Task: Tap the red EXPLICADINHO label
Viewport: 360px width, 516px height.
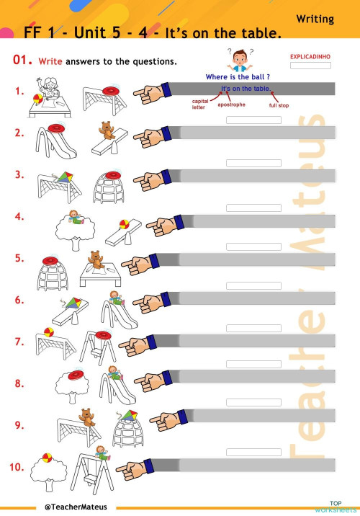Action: tap(310, 55)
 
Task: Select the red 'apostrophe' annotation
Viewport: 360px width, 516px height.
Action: tap(231, 104)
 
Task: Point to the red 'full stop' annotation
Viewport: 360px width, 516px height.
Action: tap(279, 105)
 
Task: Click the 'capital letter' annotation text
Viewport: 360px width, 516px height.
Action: tap(199, 104)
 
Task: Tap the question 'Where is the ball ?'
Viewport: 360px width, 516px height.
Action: tap(238, 76)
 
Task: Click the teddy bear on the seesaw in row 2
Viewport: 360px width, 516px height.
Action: tap(107, 130)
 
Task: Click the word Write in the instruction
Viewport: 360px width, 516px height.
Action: tap(50, 62)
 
